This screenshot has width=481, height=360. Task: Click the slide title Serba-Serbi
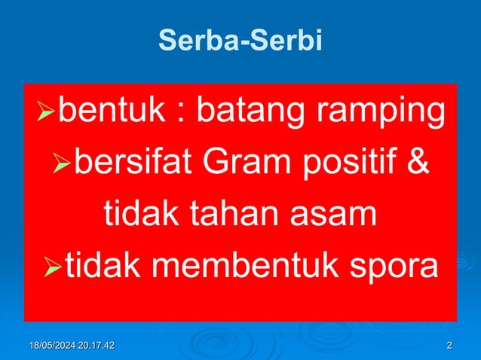click(240, 41)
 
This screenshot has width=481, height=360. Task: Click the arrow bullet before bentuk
click(47, 115)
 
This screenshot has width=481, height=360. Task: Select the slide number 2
click(449, 346)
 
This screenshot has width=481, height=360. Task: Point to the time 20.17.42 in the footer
click(97, 346)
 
